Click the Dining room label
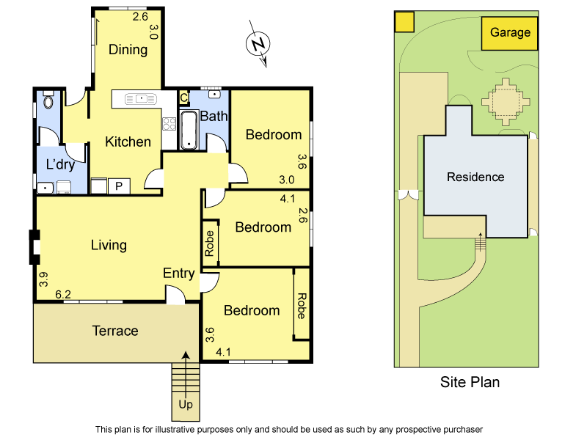(128, 50)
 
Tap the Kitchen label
(128, 142)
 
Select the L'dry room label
(61, 164)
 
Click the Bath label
(214, 116)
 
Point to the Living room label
(109, 245)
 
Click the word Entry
(178, 274)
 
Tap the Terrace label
(114, 331)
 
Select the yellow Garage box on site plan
(510, 33)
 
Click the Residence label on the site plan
(475, 177)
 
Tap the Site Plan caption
(470, 382)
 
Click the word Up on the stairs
(186, 404)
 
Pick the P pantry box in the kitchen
(119, 186)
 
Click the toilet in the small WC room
(48, 100)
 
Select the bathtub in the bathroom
(189, 129)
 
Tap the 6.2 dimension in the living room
(63, 295)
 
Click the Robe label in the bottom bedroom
(301, 305)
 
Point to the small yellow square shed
(404, 23)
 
